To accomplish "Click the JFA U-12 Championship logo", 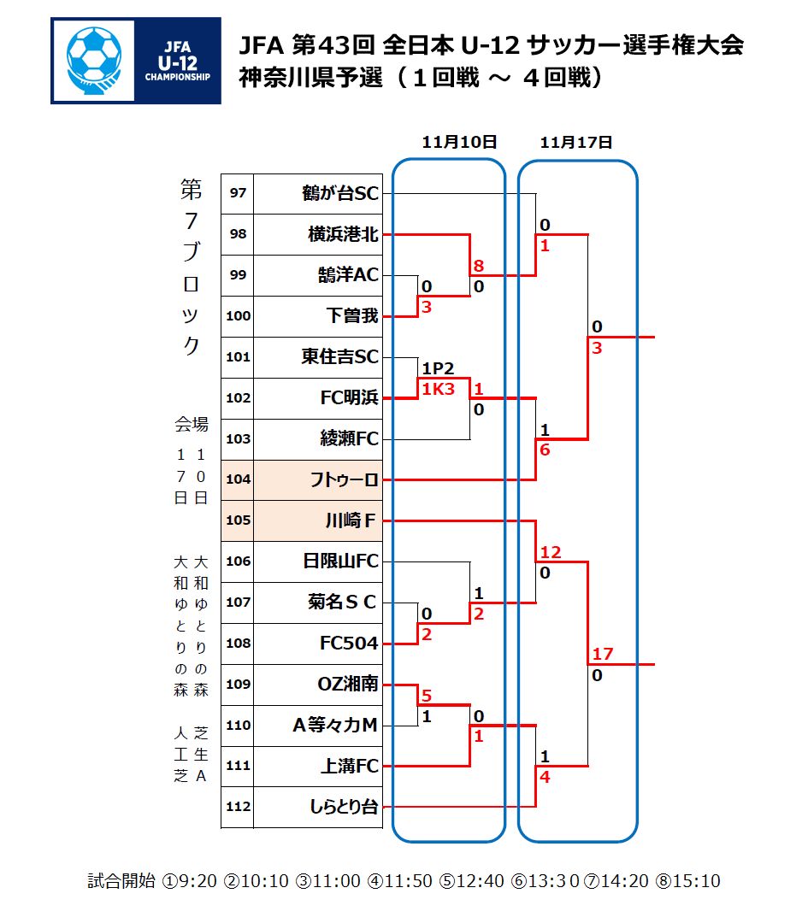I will (135, 62).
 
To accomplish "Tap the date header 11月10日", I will (459, 143).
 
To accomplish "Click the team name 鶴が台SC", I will (339, 194).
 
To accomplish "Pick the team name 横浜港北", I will (343, 234).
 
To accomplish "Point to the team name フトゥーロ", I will (344, 480).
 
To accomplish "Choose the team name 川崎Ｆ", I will (351, 520).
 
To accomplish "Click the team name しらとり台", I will (343, 807).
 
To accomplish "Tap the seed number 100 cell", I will (238, 316).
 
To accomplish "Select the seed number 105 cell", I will (238, 520).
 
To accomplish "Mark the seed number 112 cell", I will (238, 807).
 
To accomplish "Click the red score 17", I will (602, 655).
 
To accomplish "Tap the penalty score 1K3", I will (438, 389).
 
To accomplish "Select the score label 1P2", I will (438, 368).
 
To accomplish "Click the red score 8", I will (479, 266).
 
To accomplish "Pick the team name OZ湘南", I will (347, 685).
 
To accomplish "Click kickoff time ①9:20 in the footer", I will (189, 881).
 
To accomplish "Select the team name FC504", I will (349, 644).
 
